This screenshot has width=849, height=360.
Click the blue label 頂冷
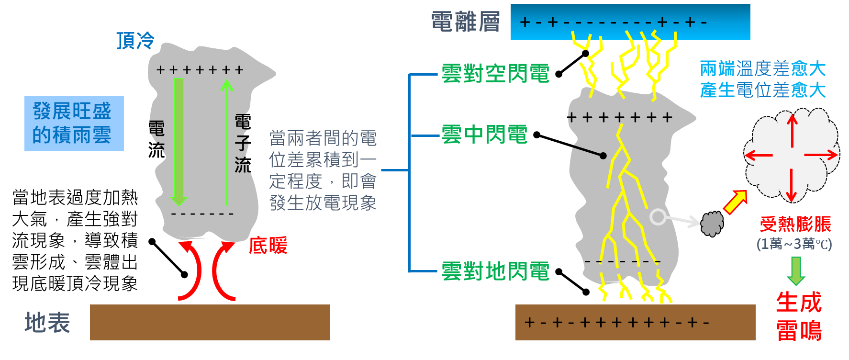(x=135, y=41)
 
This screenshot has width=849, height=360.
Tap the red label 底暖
(x=268, y=246)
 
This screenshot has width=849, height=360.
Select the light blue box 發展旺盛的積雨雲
(x=74, y=124)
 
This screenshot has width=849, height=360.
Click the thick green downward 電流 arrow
(x=179, y=141)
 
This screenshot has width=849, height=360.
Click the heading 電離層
(x=465, y=22)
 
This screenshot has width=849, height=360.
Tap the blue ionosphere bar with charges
(x=630, y=22)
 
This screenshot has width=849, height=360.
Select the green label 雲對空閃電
(x=495, y=74)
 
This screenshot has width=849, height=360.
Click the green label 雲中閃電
(x=484, y=135)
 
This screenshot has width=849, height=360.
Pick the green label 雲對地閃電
(x=495, y=271)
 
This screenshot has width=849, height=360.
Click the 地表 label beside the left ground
(x=47, y=323)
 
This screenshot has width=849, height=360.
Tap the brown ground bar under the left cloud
(x=210, y=322)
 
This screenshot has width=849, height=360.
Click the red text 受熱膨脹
(x=795, y=224)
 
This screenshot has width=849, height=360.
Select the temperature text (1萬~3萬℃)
(x=794, y=244)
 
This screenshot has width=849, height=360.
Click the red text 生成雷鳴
(x=799, y=316)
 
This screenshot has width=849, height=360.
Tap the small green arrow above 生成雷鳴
(x=795, y=270)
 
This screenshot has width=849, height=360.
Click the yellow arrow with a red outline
(x=735, y=202)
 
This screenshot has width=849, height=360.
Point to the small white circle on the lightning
(x=658, y=217)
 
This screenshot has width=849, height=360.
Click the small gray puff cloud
(x=712, y=224)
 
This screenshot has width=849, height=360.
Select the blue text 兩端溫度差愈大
(x=762, y=68)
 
